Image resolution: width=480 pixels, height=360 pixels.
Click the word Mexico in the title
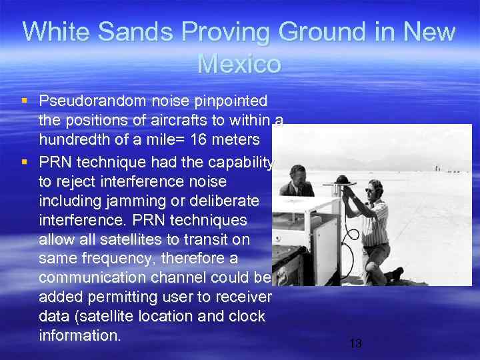pos(239,64)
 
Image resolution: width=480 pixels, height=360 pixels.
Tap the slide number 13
pos(355,343)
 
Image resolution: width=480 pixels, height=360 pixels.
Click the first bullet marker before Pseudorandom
pos(25,101)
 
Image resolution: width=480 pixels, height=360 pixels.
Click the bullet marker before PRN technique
pos(25,161)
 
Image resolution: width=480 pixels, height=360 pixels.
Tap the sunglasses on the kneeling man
pos(369,191)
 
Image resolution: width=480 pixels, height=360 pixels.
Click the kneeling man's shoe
pos(397,273)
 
